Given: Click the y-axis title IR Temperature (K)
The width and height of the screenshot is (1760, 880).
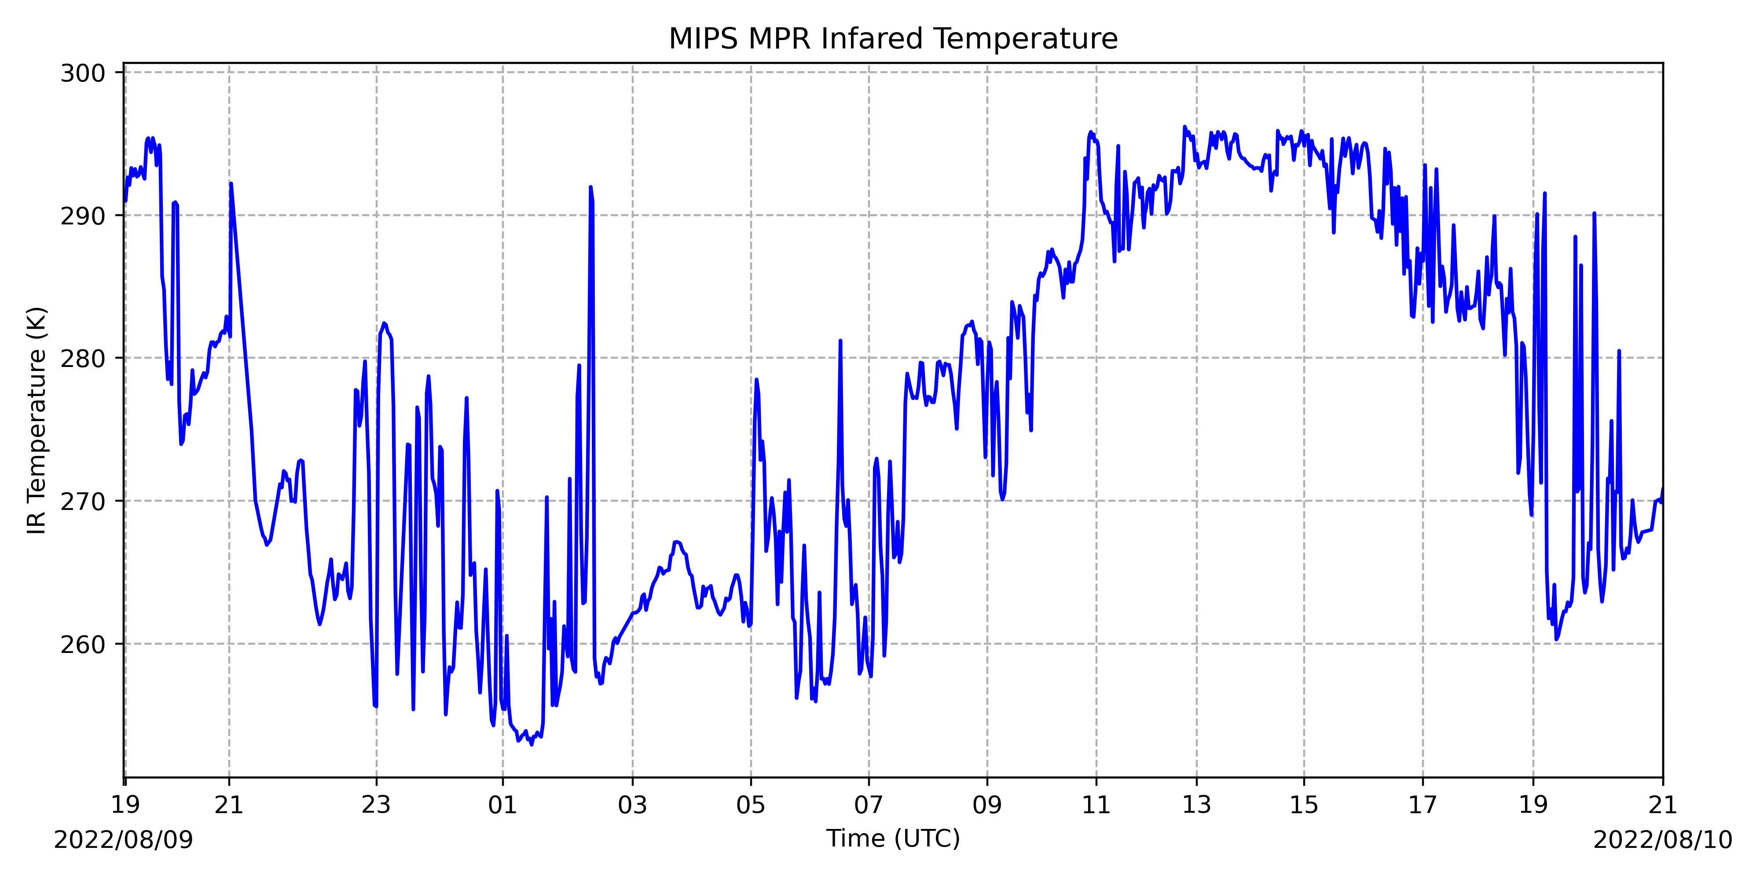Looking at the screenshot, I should [37, 420].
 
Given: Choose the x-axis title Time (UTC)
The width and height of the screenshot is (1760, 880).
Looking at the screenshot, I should [893, 838].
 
